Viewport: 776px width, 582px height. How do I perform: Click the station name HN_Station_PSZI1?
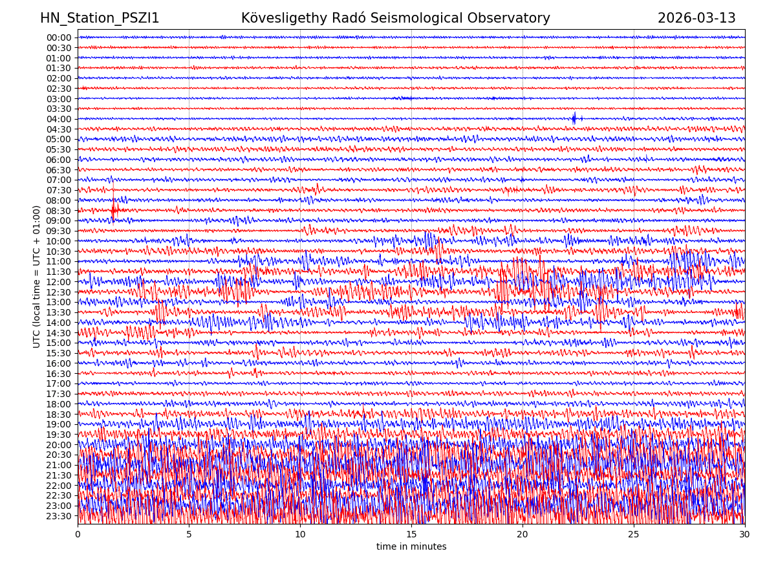click(100, 18)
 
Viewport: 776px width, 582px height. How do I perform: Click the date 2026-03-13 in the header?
click(696, 18)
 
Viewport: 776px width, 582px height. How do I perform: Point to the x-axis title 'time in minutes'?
click(411, 547)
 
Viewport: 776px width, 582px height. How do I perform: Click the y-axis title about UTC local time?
click(37, 276)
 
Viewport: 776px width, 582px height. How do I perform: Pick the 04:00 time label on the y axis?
click(59, 119)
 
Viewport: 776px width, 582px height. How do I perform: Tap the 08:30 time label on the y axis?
click(59, 211)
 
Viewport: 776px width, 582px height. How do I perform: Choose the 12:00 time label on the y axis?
click(59, 282)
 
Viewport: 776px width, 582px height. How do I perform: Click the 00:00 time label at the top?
click(59, 38)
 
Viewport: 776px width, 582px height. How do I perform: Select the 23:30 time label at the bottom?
click(59, 516)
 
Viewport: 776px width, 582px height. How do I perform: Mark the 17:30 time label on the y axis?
click(59, 394)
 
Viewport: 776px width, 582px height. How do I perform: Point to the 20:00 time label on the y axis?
click(59, 445)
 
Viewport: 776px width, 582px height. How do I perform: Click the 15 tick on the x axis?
click(411, 535)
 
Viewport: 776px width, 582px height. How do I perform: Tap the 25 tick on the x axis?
click(634, 535)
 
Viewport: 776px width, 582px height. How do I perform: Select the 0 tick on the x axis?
click(78, 535)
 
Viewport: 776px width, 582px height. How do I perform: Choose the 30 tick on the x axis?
click(745, 535)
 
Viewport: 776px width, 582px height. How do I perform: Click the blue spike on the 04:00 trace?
click(574, 118)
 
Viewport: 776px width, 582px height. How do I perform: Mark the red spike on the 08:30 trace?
click(114, 210)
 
